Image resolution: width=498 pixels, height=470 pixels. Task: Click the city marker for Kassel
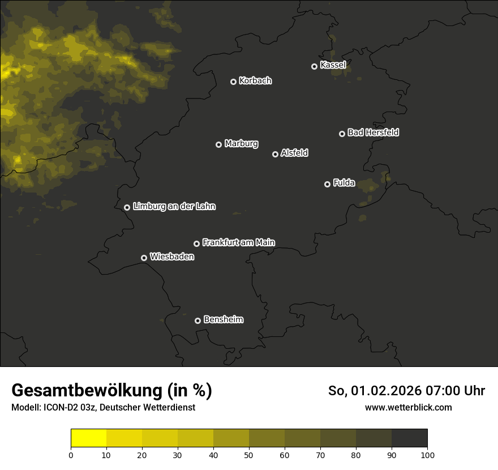(314, 66)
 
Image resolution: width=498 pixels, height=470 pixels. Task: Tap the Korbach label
(255, 81)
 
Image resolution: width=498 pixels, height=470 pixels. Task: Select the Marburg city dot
(218, 144)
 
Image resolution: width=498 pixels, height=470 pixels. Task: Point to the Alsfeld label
(294, 153)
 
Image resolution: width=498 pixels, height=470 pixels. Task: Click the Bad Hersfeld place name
(373, 133)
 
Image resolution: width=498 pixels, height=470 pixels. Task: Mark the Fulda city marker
(327, 184)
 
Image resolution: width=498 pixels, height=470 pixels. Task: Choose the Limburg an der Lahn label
(174, 207)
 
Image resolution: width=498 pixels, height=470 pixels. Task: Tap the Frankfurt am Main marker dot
(196, 243)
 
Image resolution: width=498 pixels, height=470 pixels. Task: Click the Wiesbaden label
(172, 257)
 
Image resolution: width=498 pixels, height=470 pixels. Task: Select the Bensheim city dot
(198, 321)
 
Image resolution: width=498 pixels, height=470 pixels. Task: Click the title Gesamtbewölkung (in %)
(111, 391)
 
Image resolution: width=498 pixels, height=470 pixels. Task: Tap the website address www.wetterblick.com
(409, 407)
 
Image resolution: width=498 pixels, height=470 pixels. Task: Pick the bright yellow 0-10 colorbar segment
(88, 438)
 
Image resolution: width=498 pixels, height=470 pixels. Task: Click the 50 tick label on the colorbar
(249, 455)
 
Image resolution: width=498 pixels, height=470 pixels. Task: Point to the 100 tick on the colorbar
(427, 455)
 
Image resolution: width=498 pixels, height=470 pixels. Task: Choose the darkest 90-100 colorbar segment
(409, 438)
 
